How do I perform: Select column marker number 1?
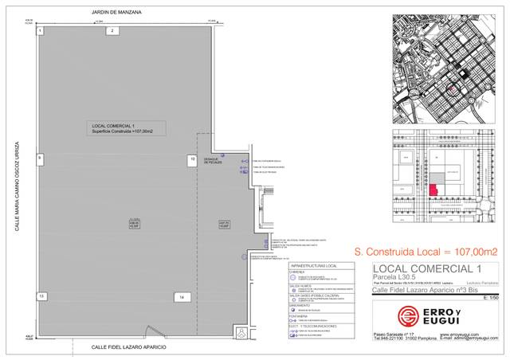tap(39, 29)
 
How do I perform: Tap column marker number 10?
tap(192, 159)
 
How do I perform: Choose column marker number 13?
tap(39, 295)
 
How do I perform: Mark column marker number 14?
tap(182, 296)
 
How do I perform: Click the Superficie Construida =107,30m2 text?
tap(122, 131)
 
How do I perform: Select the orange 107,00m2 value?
tap(471, 252)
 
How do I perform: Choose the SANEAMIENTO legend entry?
tap(300, 304)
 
